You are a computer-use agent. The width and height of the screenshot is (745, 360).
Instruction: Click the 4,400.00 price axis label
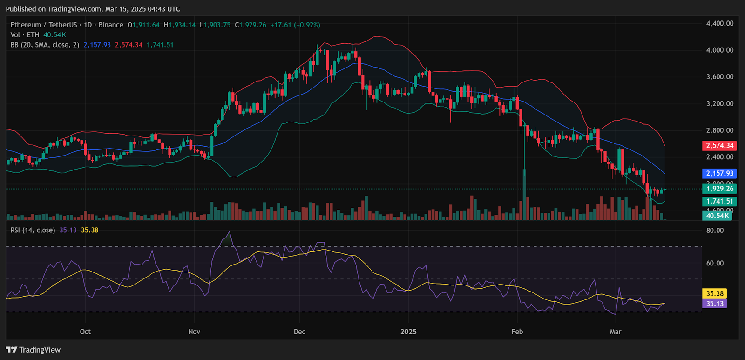pyautogui.click(x=719, y=23)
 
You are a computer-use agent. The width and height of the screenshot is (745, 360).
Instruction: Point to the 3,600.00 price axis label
pyautogui.click(x=719, y=77)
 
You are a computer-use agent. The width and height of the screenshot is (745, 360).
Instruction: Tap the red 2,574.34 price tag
pyautogui.click(x=719, y=146)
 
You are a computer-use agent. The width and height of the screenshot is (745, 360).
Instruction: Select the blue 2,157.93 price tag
pyautogui.click(x=719, y=173)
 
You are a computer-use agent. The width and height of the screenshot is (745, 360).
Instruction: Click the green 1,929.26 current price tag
pyautogui.click(x=719, y=189)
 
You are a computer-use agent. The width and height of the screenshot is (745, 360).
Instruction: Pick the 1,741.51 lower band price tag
pyautogui.click(x=719, y=201)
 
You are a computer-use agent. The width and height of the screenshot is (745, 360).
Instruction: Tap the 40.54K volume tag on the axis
pyautogui.click(x=717, y=216)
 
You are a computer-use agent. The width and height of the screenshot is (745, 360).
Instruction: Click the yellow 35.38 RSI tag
pyautogui.click(x=715, y=293)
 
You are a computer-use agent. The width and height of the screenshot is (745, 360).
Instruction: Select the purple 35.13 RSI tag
pyautogui.click(x=715, y=304)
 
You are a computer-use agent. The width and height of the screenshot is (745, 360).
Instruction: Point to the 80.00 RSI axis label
pyautogui.click(x=715, y=231)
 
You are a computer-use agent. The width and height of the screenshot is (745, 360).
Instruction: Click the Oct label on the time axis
pyautogui.click(x=85, y=332)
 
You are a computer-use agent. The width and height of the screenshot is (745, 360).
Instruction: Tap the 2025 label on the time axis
pyautogui.click(x=408, y=332)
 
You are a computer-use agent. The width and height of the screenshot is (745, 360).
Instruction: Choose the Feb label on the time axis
pyautogui.click(x=517, y=332)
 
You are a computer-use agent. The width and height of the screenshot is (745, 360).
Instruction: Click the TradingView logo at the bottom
pyautogui.click(x=33, y=350)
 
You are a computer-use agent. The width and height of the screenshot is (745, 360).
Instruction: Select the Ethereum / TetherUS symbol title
pyautogui.click(x=43, y=25)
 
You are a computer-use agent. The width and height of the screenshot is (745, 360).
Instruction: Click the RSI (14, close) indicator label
pyautogui.click(x=33, y=230)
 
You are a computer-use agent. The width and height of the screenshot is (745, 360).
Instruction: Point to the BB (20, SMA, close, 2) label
pyautogui.click(x=45, y=45)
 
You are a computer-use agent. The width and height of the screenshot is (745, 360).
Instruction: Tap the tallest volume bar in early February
pyautogui.click(x=524, y=196)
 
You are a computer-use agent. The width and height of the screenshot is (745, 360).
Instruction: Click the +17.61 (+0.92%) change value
pyautogui.click(x=295, y=25)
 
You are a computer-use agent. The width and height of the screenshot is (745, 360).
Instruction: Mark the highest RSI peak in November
pyautogui.click(x=229, y=232)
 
